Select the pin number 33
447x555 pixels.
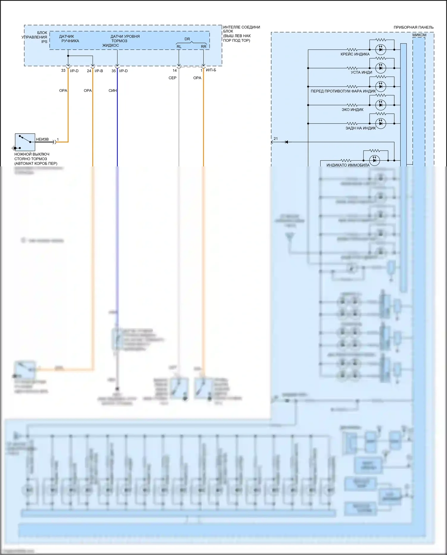[63, 71]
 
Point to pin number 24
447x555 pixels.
[89, 71]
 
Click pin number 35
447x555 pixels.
[114, 71]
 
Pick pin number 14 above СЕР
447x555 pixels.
[175, 71]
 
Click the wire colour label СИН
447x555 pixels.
[112, 91]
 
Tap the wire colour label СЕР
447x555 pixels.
[173, 78]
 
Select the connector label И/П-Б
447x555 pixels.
[211, 70]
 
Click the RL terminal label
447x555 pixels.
[179, 47]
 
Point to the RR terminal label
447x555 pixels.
[204, 47]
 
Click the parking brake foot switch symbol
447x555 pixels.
[25, 142]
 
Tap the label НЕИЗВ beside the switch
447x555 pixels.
[42, 139]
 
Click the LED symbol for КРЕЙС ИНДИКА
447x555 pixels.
[381, 49]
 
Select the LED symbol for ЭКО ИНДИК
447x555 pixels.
[381, 105]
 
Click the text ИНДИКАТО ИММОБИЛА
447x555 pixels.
[348, 165]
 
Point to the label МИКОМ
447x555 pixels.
[419, 35]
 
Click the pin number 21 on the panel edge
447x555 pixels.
[276, 139]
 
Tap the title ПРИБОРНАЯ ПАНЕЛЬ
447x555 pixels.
[413, 27]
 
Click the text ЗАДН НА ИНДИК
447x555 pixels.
[361, 128]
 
